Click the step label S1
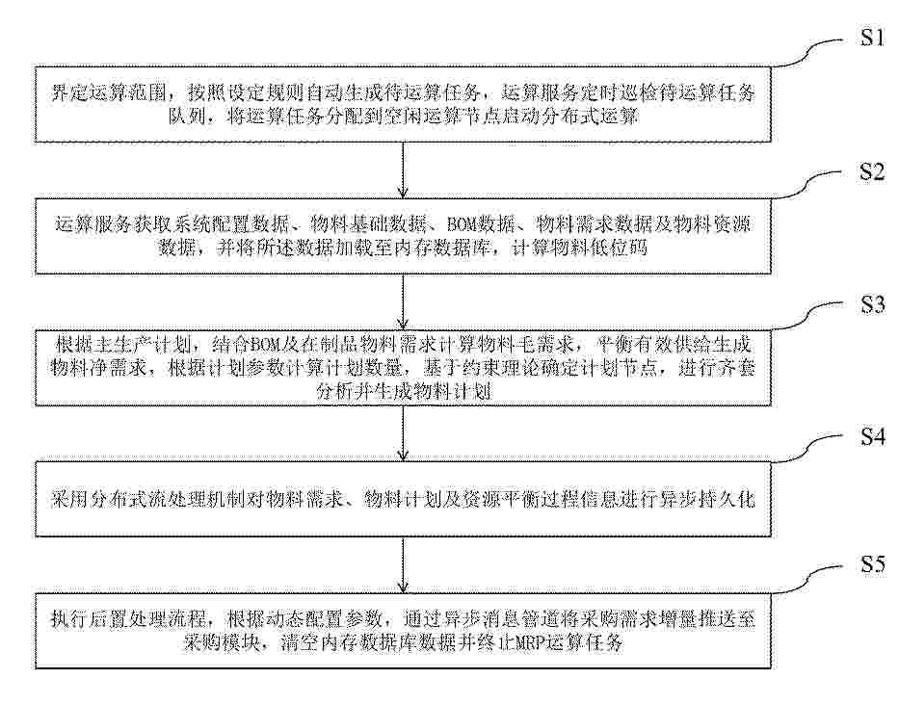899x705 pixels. click(872, 38)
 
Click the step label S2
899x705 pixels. click(872, 170)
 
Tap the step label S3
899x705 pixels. click(872, 303)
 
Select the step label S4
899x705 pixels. click(872, 436)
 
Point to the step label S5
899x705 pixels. click(872, 564)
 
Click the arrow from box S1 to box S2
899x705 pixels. click(403, 170)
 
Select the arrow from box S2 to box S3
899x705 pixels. click(403, 301)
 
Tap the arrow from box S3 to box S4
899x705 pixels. click(403, 433)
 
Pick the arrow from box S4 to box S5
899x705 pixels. click(403, 565)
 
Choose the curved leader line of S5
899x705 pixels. click(809, 579)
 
